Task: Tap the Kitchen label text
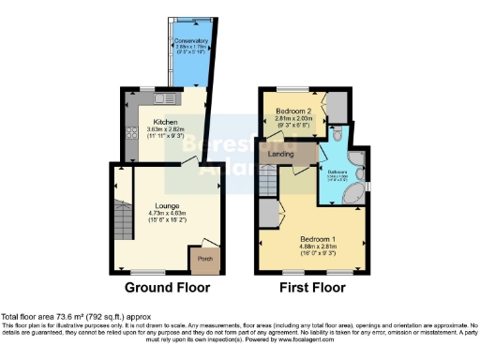(165, 123)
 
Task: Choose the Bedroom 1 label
(317, 239)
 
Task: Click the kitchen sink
(160, 98)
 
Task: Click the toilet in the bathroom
(338, 135)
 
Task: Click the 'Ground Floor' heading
(168, 288)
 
